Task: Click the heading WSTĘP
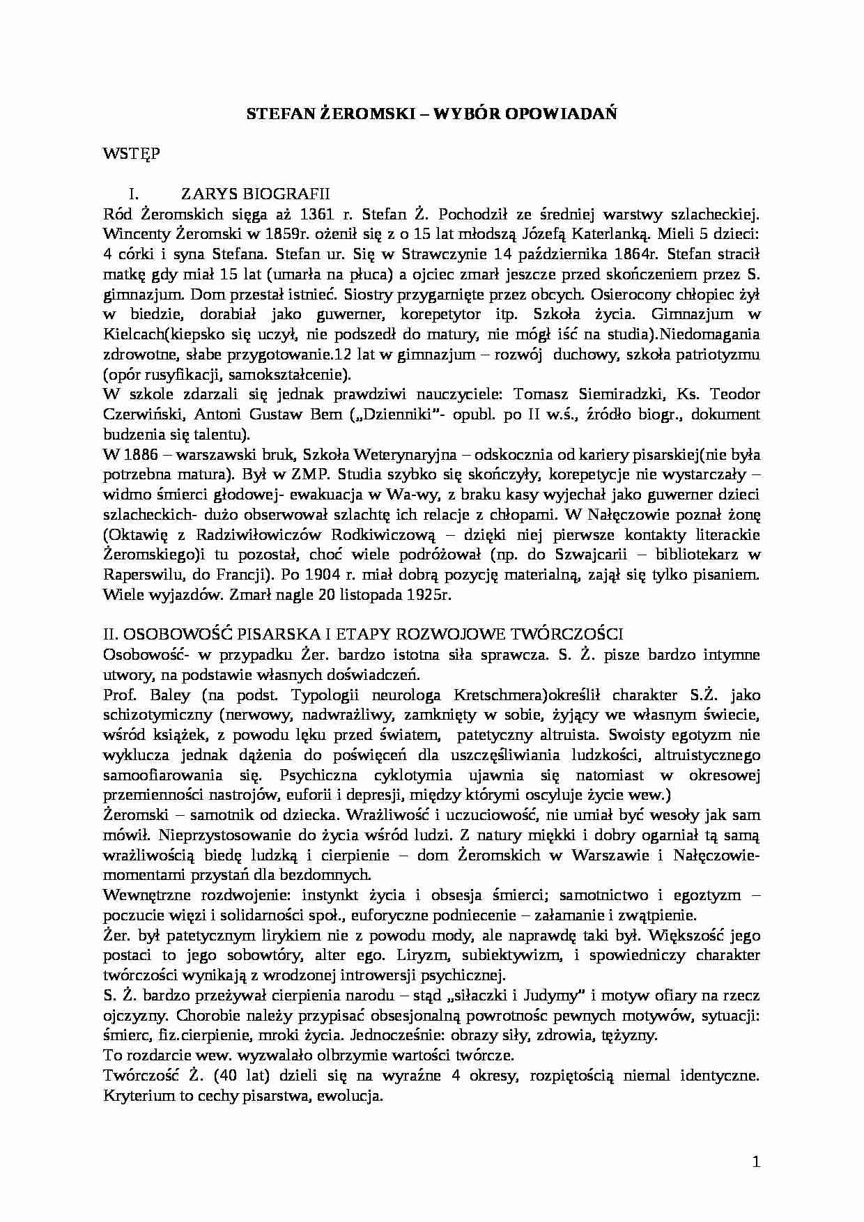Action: (x=131, y=153)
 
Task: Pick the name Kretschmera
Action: (x=493, y=695)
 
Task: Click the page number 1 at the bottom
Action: (x=757, y=1161)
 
